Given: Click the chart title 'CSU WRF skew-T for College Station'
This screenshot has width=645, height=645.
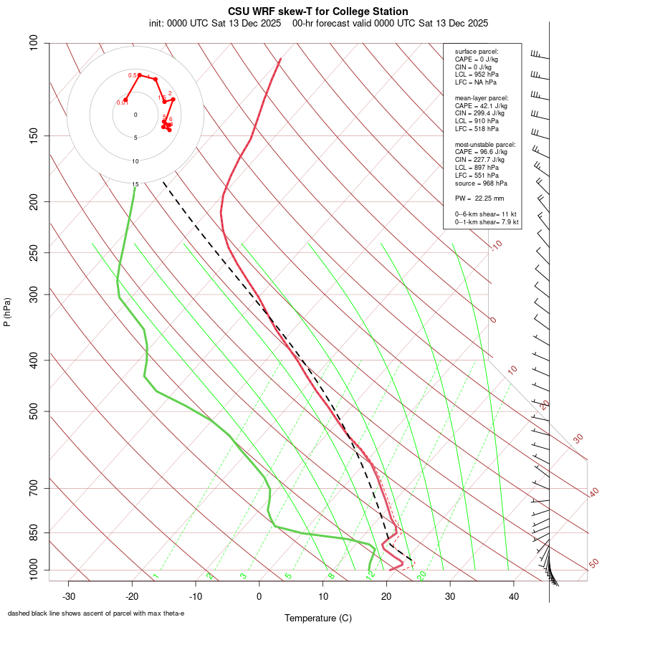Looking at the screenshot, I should pos(318,11).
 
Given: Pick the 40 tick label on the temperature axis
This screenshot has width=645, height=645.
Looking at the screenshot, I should pos(513,596).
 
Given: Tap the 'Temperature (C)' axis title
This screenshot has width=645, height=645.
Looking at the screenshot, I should pos(318,618).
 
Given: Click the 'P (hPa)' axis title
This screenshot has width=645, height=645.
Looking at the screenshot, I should pos(7,312).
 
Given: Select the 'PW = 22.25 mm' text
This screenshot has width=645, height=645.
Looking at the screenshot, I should pos(479,197).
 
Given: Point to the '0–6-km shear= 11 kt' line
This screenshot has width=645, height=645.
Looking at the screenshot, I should pos(486,214).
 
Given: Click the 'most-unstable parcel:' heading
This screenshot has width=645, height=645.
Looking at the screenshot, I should pos(486,144).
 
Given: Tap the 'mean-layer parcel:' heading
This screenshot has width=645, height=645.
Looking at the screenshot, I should pos(482,97).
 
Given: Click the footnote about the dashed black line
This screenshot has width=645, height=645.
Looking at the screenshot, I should pos(96,613).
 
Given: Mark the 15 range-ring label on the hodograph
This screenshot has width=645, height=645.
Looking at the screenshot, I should pos(135,184).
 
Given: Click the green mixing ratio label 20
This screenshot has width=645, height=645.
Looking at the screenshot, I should pos(422,575).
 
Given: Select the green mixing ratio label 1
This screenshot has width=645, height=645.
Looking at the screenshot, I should pos(155,576).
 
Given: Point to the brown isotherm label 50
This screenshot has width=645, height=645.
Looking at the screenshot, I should pos(593,564).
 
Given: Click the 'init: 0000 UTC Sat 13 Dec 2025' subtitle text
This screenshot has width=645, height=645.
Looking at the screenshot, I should pos(215,23).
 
